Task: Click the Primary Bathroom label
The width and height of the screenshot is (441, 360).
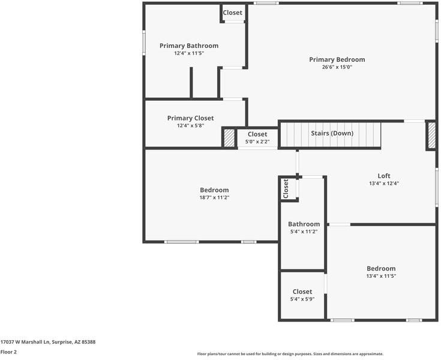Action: tap(188, 46)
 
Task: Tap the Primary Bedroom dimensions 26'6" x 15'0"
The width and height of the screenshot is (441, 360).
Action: tap(337, 67)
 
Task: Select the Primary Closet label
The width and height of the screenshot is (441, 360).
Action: tap(190, 118)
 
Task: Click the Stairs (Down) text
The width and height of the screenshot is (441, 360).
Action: tap(332, 133)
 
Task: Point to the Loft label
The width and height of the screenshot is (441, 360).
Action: tap(383, 176)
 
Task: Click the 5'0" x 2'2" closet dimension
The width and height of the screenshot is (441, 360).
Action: tap(257, 142)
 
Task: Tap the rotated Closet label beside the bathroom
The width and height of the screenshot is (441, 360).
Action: tap(286, 188)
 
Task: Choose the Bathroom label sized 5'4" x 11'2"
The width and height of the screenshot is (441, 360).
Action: tap(304, 224)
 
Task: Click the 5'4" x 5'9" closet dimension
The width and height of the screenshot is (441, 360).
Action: tap(302, 299)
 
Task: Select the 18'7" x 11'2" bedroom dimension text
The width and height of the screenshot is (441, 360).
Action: tap(214, 197)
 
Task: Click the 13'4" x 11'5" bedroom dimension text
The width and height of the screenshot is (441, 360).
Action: tap(381, 276)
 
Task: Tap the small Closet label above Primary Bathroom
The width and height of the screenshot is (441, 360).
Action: tap(233, 13)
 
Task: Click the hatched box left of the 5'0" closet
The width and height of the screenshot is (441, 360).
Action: tap(229, 137)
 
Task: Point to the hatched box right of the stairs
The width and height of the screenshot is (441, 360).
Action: tap(431, 135)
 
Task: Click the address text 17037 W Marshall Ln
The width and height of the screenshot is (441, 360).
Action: tap(48, 342)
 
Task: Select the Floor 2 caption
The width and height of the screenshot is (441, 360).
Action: tap(8, 352)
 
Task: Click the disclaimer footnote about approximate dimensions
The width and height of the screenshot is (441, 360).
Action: tap(290, 354)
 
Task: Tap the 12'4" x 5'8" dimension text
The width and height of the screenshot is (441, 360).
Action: tap(190, 125)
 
